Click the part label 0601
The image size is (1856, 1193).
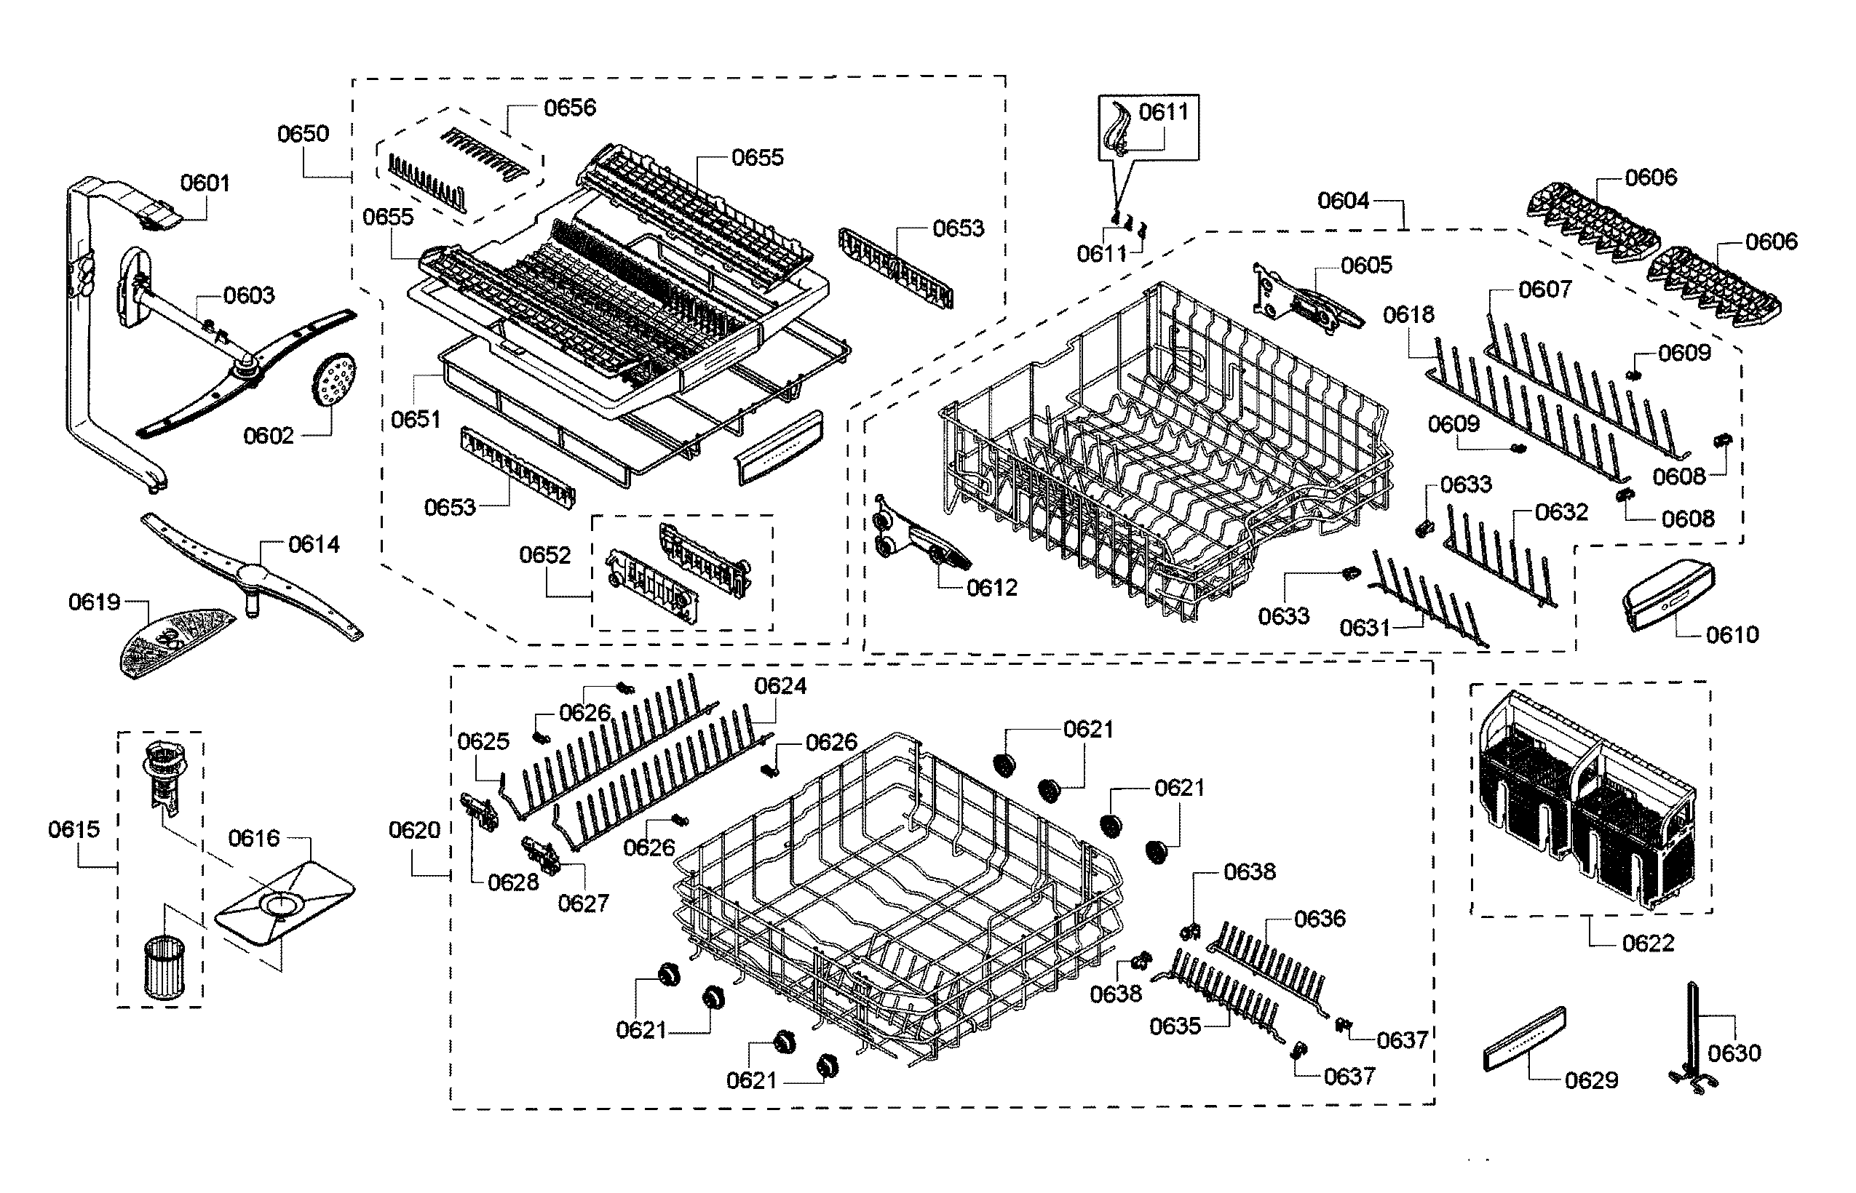[x=205, y=183]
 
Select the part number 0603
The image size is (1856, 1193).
[x=249, y=295]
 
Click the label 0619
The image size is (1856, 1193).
[x=95, y=602]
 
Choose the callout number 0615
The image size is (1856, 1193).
[x=74, y=830]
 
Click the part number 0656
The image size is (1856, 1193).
[x=570, y=108]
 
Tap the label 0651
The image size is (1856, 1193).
[x=416, y=419]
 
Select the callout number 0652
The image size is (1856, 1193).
[x=544, y=556]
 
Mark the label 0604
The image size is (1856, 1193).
[x=1344, y=202]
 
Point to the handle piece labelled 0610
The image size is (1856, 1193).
[x=1668, y=595]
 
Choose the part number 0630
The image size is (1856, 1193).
[x=1734, y=1053]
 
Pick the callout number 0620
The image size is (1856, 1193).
[x=415, y=831]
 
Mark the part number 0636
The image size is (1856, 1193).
[x=1320, y=919]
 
